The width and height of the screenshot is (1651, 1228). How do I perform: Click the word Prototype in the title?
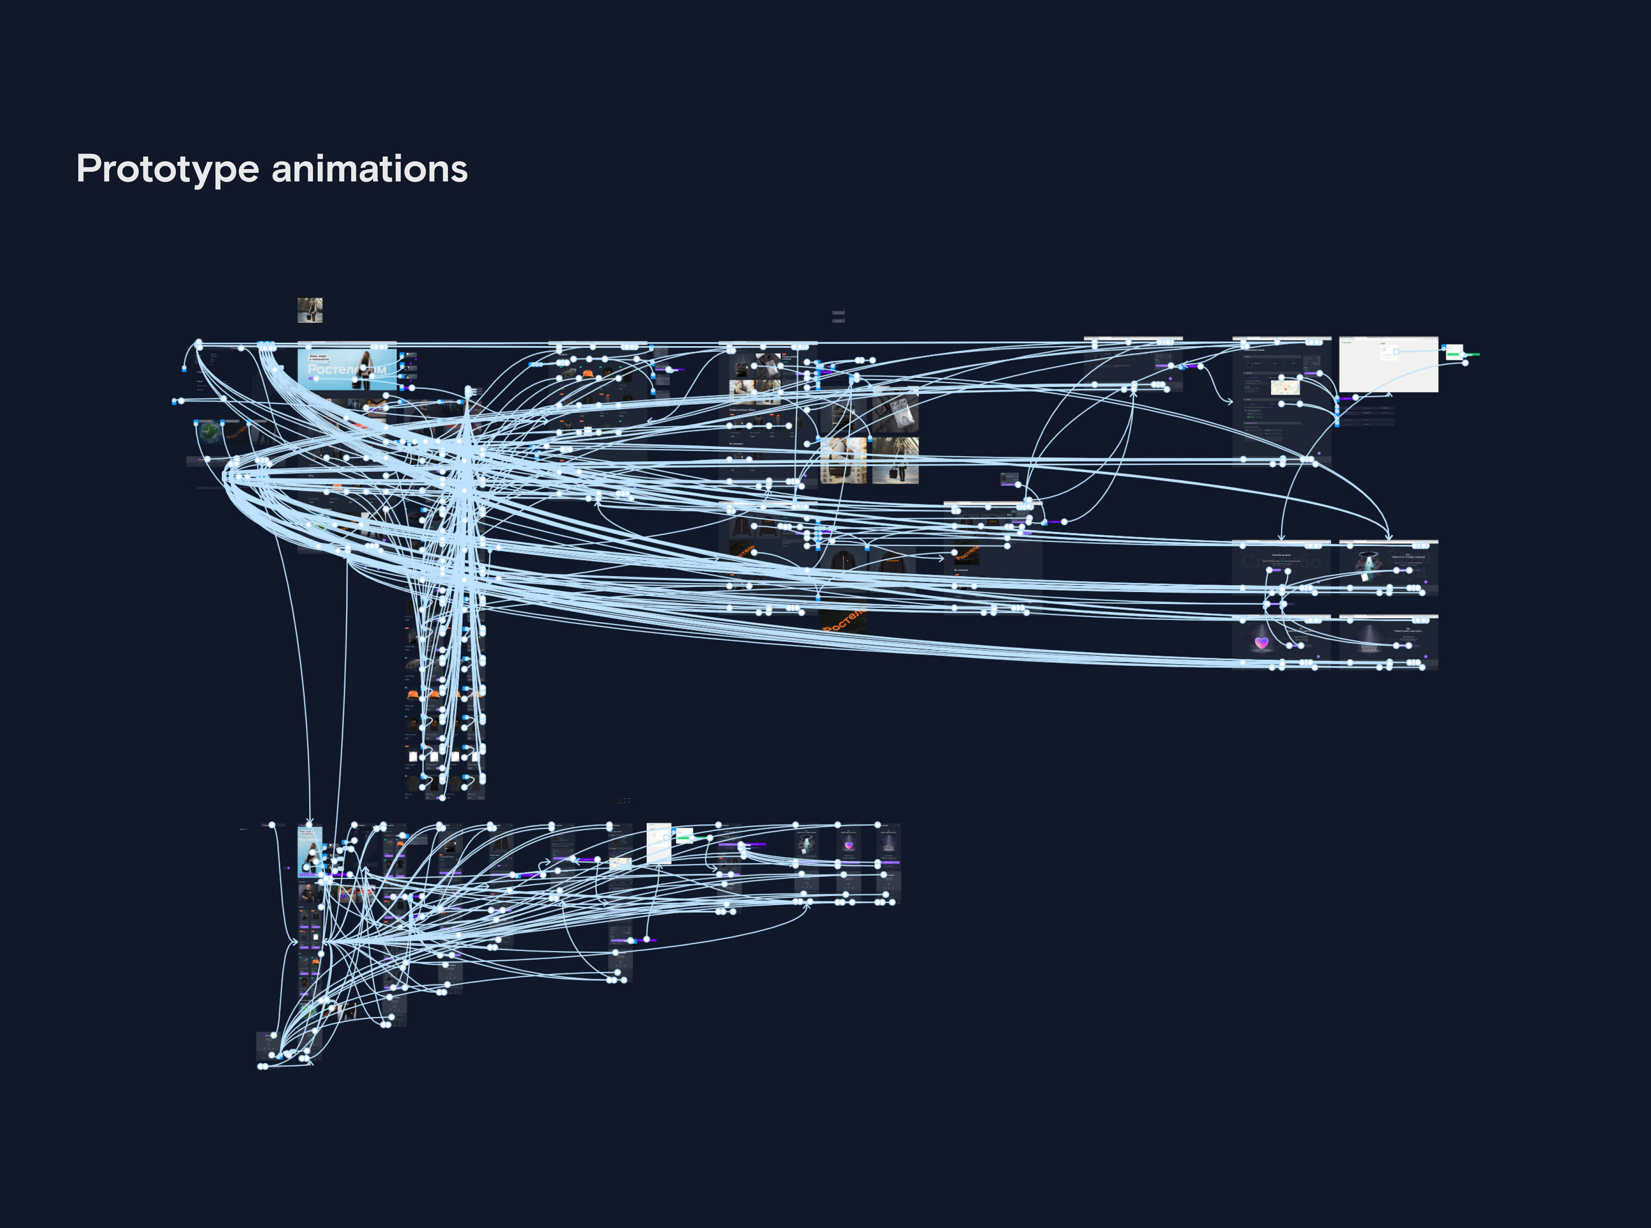coord(167,169)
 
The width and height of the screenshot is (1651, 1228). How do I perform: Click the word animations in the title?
coord(369,169)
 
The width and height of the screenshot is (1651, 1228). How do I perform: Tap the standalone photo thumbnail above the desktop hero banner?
coord(310,310)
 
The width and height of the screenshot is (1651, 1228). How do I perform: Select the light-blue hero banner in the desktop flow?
coord(346,368)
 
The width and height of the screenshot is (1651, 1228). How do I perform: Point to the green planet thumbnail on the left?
coord(209,431)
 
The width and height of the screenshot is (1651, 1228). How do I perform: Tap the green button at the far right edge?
coord(1472,354)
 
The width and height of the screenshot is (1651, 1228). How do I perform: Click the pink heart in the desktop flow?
coord(1261,642)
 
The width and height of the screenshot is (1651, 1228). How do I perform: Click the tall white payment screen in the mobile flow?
coord(659,843)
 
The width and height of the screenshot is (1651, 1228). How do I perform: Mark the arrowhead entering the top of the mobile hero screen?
coord(310,822)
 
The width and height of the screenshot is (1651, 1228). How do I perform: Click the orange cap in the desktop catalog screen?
coord(587,373)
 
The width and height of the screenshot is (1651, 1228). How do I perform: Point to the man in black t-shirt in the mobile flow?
coord(307,892)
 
